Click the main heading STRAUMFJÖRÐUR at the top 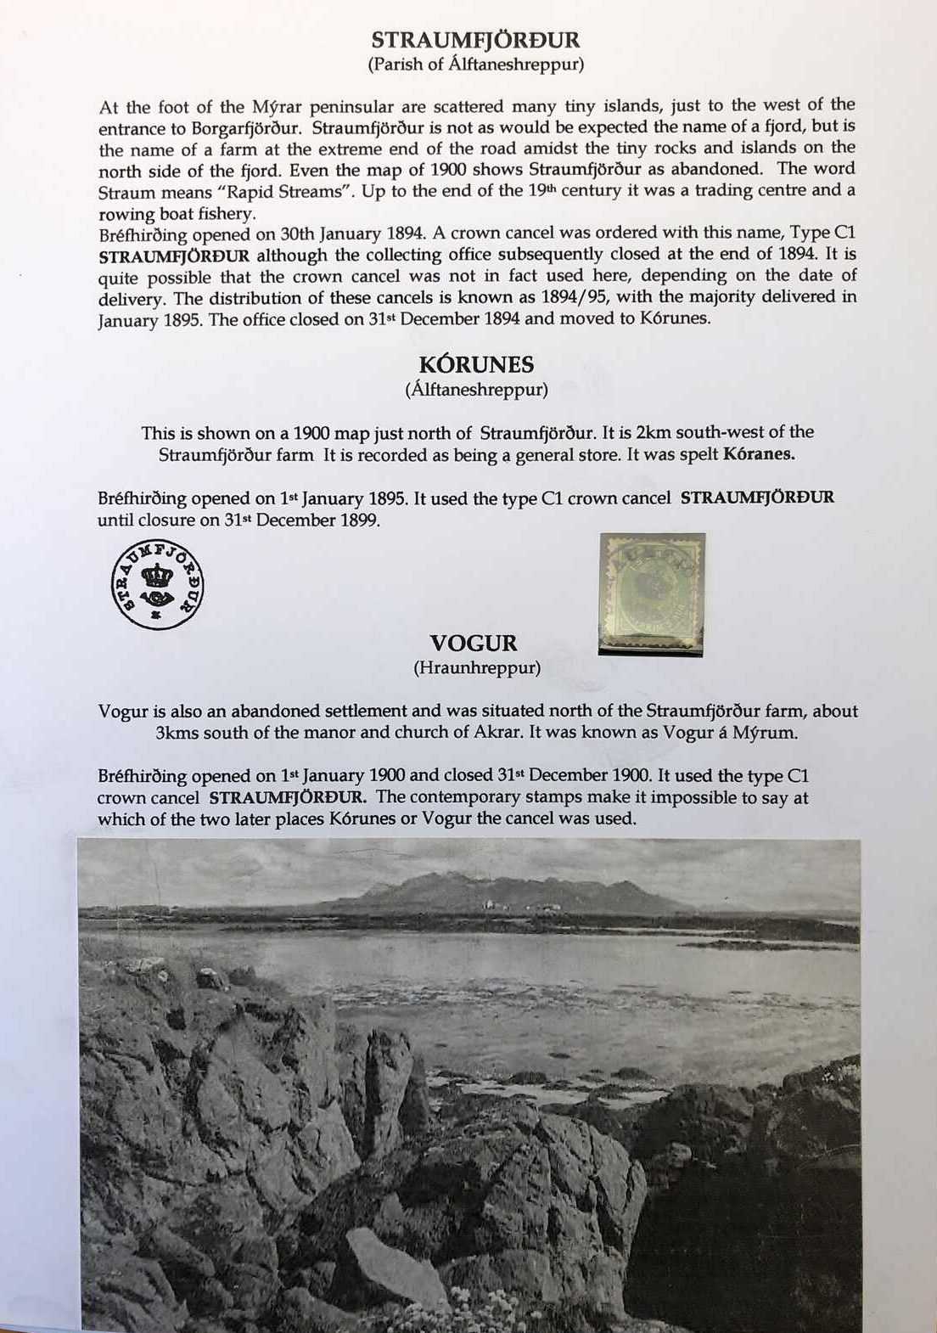(x=475, y=40)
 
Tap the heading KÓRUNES (x=476, y=365)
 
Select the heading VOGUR (x=473, y=644)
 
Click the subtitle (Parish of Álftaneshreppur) (x=475, y=65)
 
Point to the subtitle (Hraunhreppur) (x=476, y=668)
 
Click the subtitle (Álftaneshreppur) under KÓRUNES (x=476, y=390)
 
